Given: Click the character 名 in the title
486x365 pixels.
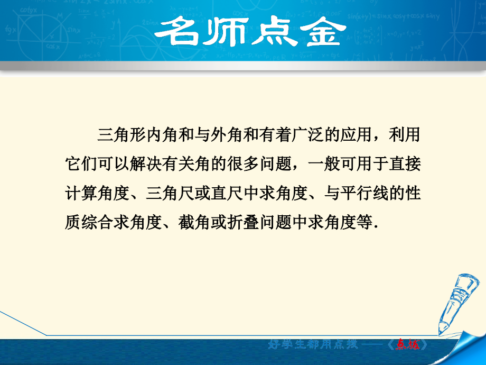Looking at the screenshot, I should pos(176,33).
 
